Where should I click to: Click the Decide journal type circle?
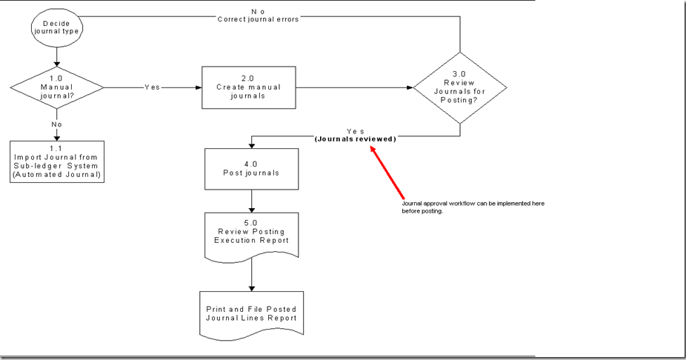coord(56,28)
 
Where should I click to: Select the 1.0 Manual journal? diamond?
coord(56,87)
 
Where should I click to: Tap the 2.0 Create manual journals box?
coord(248,87)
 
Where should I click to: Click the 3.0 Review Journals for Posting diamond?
coord(460,87)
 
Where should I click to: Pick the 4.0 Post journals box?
coord(253,169)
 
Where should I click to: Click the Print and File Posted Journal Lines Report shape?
coord(253,313)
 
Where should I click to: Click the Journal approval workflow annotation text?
coord(473,207)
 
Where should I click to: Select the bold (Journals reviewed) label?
coord(355,139)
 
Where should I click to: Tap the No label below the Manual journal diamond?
coord(56,124)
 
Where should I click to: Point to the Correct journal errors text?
coord(258,19)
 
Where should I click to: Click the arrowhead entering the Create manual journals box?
coord(198,87)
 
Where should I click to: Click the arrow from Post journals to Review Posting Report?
coord(253,200)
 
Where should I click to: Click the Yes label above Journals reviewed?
coord(355,131)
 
